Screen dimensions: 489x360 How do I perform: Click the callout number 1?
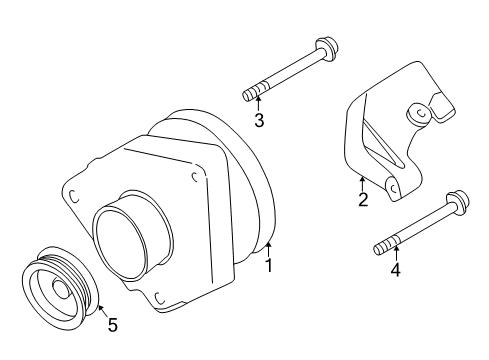[268, 265]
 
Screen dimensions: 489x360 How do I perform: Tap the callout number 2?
[363, 200]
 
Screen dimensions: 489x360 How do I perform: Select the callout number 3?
[258, 121]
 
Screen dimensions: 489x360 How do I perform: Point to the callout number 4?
[394, 269]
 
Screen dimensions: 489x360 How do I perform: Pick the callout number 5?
[112, 324]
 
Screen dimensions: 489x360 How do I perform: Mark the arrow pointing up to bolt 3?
[258, 105]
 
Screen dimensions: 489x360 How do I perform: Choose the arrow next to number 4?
[394, 254]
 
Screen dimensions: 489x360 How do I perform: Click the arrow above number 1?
[268, 249]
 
